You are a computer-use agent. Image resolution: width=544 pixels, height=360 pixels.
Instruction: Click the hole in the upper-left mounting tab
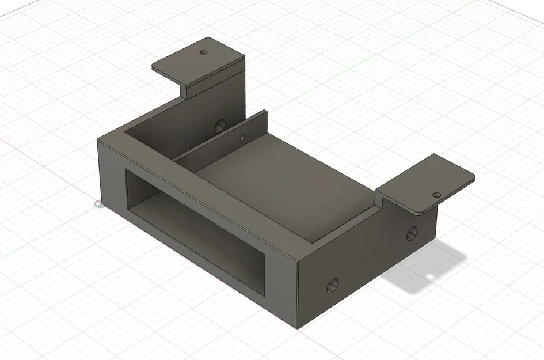pyautogui.click(x=203, y=52)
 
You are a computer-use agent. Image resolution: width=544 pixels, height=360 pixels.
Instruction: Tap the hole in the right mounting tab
pyautogui.click(x=436, y=195)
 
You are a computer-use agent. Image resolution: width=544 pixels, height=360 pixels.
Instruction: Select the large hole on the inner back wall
pyautogui.click(x=220, y=125)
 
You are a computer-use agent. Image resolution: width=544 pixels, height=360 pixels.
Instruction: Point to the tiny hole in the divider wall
pyautogui.click(x=242, y=138)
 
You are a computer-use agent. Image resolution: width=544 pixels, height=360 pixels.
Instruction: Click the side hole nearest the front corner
pyautogui.click(x=332, y=285)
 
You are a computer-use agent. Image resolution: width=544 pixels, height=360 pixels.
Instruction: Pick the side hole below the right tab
pyautogui.click(x=412, y=233)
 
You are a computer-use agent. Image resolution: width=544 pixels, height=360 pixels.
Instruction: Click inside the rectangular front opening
pyautogui.click(x=196, y=230)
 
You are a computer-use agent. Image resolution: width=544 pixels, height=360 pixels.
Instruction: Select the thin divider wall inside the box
pyautogui.click(x=222, y=141)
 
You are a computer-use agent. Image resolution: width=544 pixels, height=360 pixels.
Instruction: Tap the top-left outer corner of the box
pyautogui.click(x=97, y=140)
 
